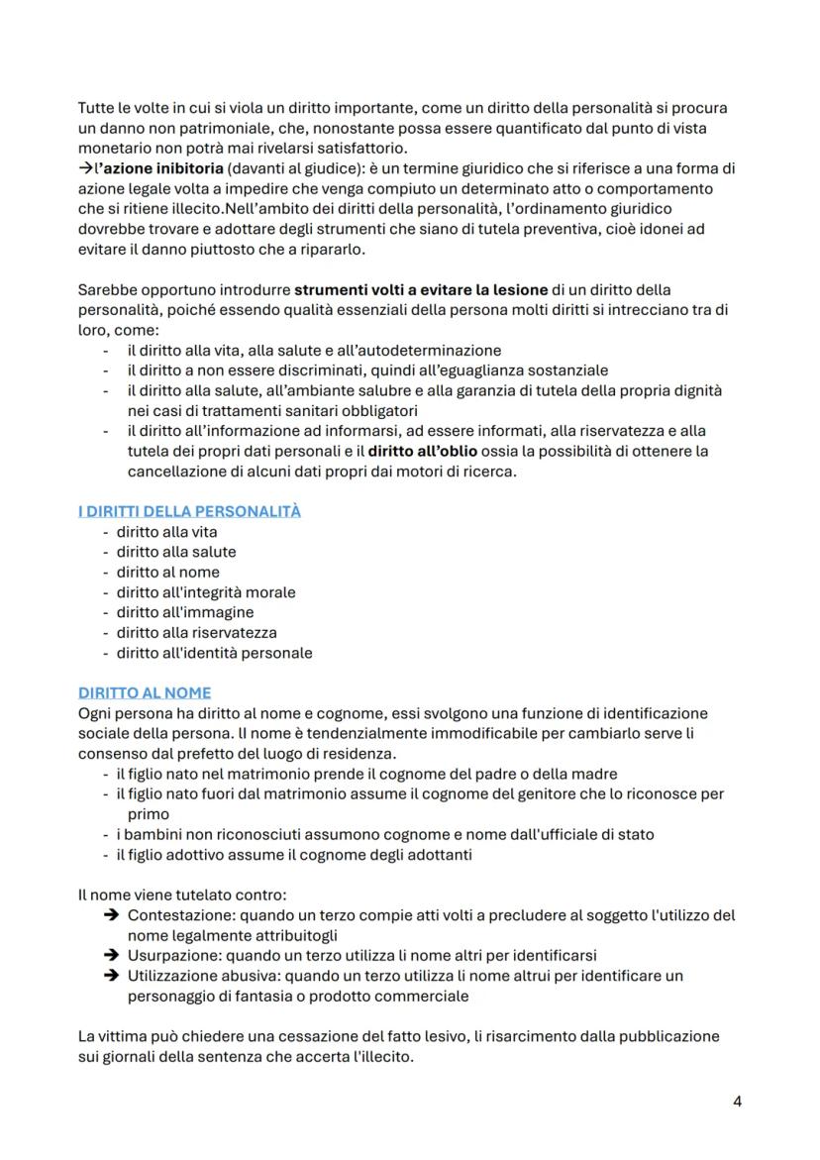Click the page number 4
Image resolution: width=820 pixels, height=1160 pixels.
(x=737, y=1101)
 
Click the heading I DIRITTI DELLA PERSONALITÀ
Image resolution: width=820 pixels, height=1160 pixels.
(x=189, y=511)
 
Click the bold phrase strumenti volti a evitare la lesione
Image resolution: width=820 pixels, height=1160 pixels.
(x=421, y=290)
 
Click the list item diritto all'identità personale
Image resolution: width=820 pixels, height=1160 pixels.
(x=214, y=653)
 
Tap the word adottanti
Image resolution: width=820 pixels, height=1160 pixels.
(x=438, y=855)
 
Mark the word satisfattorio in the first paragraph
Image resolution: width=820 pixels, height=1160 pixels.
(x=346, y=149)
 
